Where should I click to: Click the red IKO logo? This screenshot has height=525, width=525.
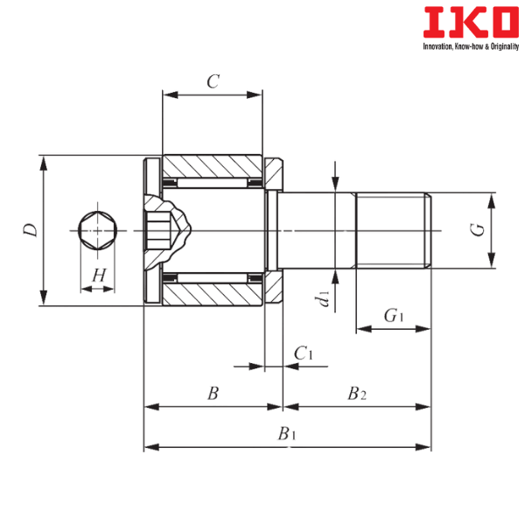(471, 23)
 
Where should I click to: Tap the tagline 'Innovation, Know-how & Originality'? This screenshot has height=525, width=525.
(471, 46)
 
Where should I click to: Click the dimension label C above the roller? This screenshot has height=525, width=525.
(213, 81)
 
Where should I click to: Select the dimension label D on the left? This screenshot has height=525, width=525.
(31, 229)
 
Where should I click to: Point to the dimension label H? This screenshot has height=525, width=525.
(99, 276)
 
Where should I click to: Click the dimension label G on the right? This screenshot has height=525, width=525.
(477, 229)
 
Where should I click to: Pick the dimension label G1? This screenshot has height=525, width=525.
(394, 315)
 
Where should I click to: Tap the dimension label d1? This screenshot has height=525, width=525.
(324, 298)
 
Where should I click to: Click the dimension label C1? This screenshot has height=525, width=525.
(304, 353)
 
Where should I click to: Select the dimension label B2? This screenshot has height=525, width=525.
(357, 394)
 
